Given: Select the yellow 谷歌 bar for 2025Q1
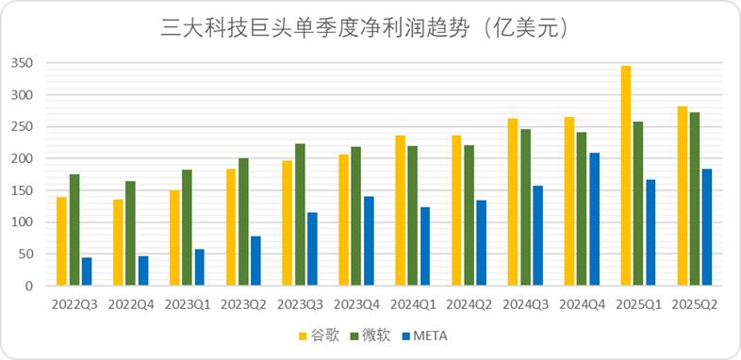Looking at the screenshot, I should [626, 175].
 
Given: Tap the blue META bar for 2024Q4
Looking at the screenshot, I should [595, 219].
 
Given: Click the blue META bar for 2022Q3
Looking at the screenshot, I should [87, 271].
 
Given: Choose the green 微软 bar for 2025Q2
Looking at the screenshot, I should [695, 199].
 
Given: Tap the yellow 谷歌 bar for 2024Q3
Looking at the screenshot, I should [513, 202].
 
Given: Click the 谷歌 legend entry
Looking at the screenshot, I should [320, 335].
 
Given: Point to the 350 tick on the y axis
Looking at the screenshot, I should [23, 63].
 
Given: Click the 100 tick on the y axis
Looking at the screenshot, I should [23, 222].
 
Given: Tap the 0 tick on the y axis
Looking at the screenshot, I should [28, 286].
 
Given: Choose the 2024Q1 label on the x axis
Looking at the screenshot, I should [413, 304].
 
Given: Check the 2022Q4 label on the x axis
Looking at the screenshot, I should [131, 304].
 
